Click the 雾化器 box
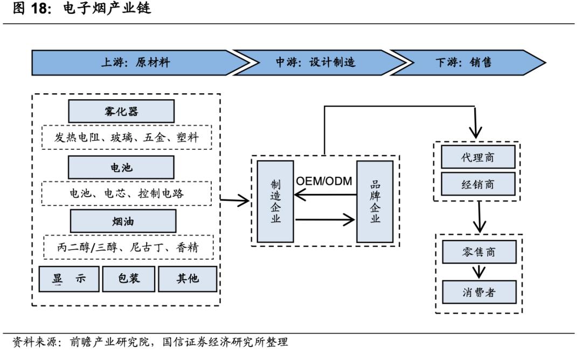coord(121,111)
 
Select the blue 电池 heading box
coord(121,168)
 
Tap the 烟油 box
coord(123,221)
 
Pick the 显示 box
coord(69,279)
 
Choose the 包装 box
coord(129,279)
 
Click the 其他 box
coord(188,279)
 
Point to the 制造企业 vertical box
coord(275,202)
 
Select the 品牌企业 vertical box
coord(375,202)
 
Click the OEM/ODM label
coord(324,181)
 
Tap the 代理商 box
coord(477,157)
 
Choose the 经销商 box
coord(477,184)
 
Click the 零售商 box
coord(479,252)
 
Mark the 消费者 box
coord(479,293)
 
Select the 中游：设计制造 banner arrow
coord(318,63)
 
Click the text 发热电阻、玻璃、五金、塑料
coord(127,137)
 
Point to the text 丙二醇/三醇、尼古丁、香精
coord(128,247)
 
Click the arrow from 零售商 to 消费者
coord(479,272)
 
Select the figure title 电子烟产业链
coord(107,9)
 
